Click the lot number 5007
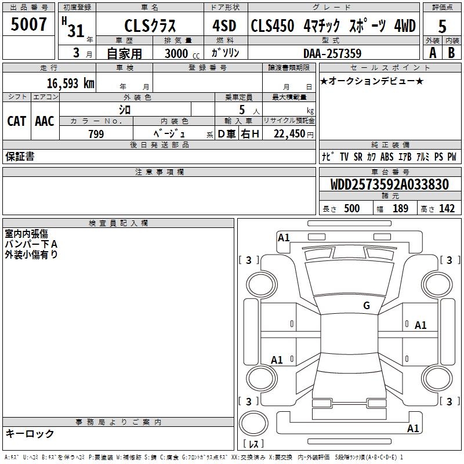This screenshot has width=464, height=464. tap(28, 24)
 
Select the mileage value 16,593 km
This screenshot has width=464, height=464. tap(71, 84)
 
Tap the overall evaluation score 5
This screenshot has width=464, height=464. tap(442, 26)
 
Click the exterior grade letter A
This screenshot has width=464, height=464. tap(433, 53)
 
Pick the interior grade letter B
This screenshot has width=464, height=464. tap(452, 53)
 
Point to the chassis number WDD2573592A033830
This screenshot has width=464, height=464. tap(390, 184)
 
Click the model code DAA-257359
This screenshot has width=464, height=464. tap(332, 53)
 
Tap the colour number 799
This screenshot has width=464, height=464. tap(96, 134)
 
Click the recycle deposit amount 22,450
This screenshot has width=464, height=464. tap(289, 134)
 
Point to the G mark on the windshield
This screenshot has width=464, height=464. tap(367, 306)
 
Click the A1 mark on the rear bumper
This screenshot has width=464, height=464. tap(413, 428)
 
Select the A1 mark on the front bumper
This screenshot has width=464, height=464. tap(284, 238)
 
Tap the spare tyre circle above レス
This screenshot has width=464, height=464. tap(253, 423)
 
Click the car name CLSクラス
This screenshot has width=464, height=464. tap(150, 26)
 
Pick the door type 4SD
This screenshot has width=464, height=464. tap(224, 26)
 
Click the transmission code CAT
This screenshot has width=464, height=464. tap(17, 121)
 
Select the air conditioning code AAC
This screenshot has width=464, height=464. tap(45, 121)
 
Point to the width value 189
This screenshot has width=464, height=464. tap(400, 208)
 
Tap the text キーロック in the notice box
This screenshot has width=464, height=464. tap(30, 433)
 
